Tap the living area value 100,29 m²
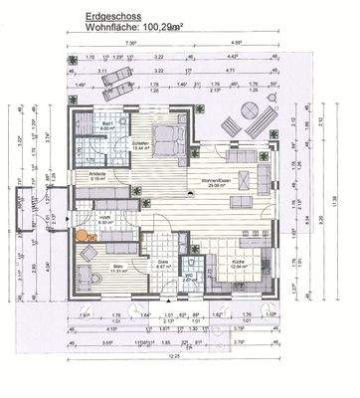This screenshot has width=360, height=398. click(x=158, y=29)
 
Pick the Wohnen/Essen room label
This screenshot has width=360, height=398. click(x=218, y=181)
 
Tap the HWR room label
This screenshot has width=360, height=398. click(x=103, y=217)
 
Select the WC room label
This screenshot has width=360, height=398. click(x=190, y=280)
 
